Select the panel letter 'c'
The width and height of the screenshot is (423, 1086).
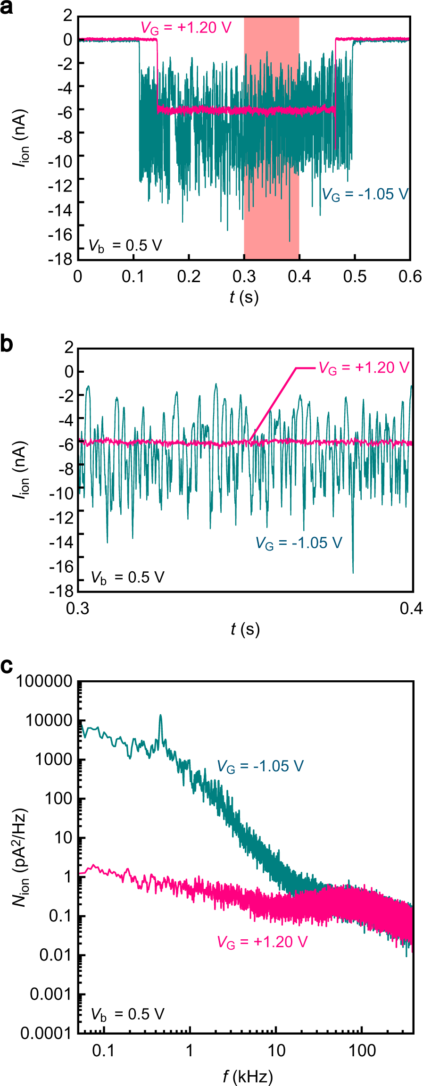pos(7,666)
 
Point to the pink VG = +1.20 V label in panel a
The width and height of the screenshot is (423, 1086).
pos(186,27)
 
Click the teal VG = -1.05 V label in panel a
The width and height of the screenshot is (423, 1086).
pos(365,194)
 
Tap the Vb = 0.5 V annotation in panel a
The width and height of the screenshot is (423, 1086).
pos(125,246)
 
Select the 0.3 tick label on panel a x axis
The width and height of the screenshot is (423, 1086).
pos(244,276)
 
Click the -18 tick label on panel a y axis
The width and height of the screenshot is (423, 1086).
pos(61,259)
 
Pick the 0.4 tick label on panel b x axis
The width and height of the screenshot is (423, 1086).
pos(411,609)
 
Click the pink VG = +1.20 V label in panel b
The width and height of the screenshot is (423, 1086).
pos(364,368)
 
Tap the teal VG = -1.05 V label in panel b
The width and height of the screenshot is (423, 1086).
pos(299,543)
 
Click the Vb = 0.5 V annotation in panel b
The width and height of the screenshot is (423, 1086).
pos(127,577)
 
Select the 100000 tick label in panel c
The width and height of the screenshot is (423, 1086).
pos(44,681)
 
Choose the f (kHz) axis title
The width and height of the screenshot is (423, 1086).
pos(248,1077)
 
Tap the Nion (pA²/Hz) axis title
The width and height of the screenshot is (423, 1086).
pos(20,859)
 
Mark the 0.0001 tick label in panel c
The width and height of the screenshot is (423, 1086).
pos(46,1033)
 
